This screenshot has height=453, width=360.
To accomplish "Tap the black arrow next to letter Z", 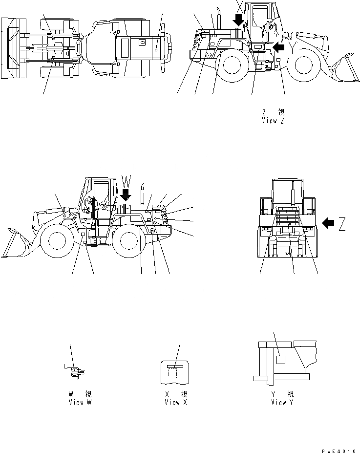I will click(x=329, y=223).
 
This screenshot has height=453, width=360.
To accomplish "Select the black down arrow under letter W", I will click(x=126, y=195).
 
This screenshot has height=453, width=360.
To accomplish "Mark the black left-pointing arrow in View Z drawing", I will click(x=278, y=47).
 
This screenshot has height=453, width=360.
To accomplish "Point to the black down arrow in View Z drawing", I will click(x=238, y=20).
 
